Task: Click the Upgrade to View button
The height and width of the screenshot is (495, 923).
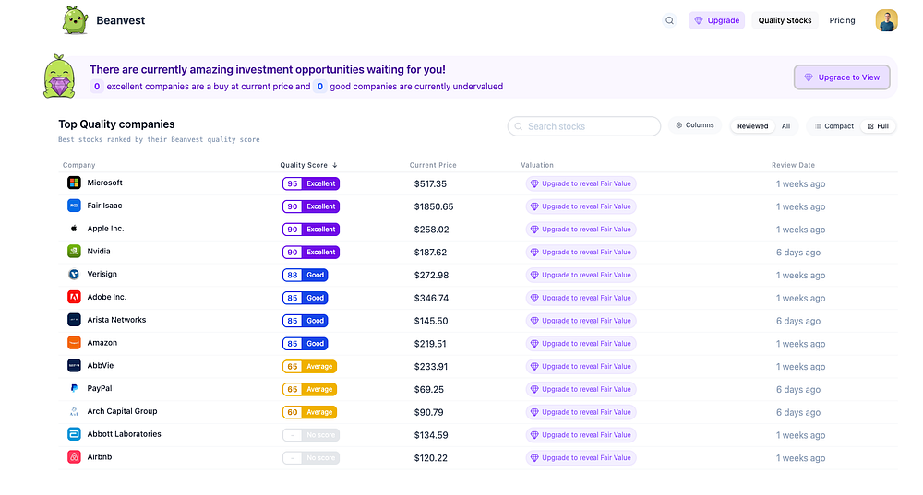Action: point(842,77)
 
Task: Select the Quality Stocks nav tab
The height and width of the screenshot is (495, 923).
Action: point(785,20)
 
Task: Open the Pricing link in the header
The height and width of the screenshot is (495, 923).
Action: point(842,20)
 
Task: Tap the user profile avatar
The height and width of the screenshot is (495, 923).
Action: point(886,20)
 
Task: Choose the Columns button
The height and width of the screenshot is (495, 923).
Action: point(695,125)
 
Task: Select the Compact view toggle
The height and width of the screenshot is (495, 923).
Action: point(834,126)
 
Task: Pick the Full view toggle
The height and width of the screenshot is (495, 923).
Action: point(878,126)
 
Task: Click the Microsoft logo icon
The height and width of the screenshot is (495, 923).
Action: point(74,183)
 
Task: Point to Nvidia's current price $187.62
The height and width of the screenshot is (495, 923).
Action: point(430,253)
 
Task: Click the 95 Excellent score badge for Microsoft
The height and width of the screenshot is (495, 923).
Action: point(311,183)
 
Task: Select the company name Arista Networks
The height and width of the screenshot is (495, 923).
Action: point(116,320)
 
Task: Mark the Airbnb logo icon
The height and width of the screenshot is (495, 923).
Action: point(74,457)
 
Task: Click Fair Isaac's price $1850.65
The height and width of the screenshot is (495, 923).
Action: point(434,206)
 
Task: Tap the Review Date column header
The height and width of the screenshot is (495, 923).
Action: point(793,165)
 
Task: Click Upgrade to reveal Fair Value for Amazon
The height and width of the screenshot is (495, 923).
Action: point(581,344)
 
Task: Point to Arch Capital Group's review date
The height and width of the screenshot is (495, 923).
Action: point(798,413)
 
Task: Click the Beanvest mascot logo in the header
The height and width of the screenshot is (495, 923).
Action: point(76,19)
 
